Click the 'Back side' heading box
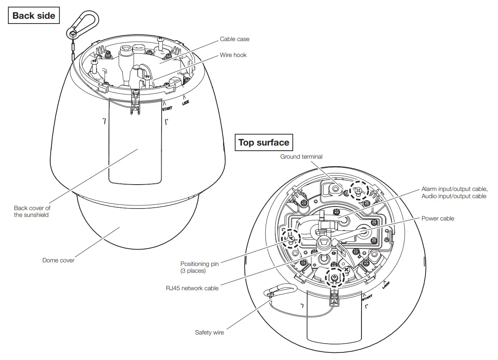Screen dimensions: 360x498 [x=34, y=16]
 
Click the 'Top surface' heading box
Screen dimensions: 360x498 [x=263, y=143]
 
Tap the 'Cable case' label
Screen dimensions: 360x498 [x=235, y=39]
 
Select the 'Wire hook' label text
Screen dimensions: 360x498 [x=233, y=55]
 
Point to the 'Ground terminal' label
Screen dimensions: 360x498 [x=301, y=157]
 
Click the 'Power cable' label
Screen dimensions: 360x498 [x=438, y=218]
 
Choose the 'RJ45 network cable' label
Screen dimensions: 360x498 [x=192, y=288]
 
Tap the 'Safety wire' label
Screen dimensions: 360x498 [x=209, y=332]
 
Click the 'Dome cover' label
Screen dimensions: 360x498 [x=58, y=260]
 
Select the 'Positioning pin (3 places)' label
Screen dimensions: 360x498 [x=200, y=267]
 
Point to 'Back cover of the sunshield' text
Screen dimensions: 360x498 [x=32, y=211]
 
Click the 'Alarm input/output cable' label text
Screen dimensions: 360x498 [x=454, y=189]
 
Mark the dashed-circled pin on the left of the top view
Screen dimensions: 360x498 [x=291, y=239]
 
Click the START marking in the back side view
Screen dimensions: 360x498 [x=167, y=107]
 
